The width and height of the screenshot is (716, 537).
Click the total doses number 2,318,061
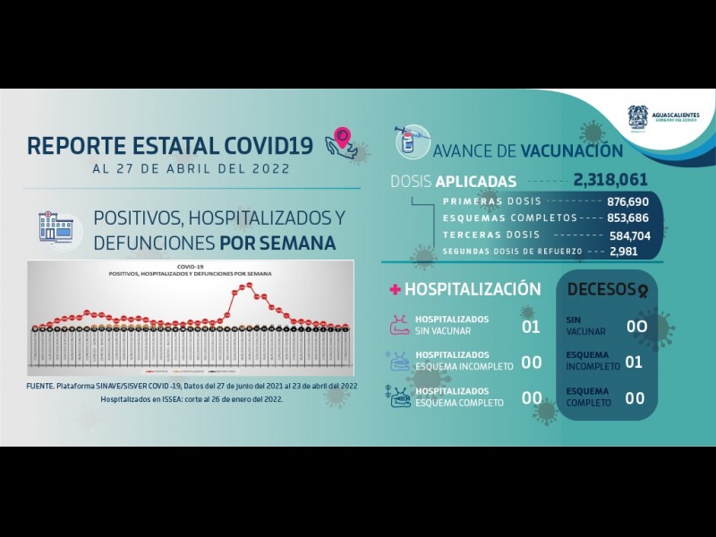(610, 180)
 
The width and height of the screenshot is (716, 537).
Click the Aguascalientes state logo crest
(638, 118)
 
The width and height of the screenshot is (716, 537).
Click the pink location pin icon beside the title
(342, 140)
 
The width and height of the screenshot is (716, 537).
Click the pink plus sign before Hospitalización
(394, 290)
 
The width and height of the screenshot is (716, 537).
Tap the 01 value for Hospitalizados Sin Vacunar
(531, 327)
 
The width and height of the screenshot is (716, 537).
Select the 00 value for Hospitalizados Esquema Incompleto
(531, 362)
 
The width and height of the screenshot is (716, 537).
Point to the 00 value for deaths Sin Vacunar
(635, 327)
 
